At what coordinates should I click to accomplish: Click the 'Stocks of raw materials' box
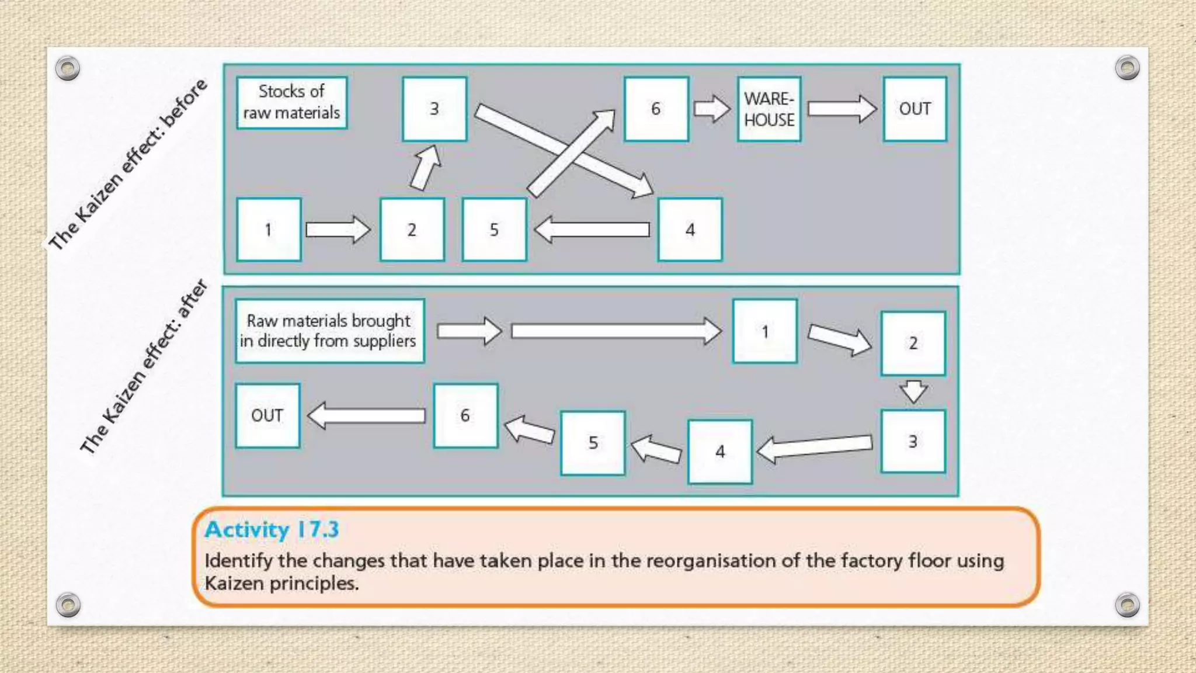click(291, 102)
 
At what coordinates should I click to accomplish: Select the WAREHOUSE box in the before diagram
click(769, 109)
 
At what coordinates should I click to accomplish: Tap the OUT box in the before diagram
click(915, 109)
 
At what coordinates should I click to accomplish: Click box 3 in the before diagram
click(434, 109)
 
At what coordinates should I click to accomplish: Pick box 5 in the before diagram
click(494, 230)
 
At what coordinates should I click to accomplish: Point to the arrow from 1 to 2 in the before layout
click(338, 230)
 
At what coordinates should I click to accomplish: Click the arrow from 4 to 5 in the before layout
click(592, 230)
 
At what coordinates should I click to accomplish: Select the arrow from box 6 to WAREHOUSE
click(712, 109)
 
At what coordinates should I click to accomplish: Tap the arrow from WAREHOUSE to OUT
click(842, 109)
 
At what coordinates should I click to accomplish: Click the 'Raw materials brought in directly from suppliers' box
click(329, 331)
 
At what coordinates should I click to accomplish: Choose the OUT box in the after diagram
click(267, 416)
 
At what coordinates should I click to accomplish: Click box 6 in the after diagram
click(465, 416)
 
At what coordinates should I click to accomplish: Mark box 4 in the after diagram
click(719, 452)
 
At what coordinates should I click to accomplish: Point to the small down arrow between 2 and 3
click(913, 391)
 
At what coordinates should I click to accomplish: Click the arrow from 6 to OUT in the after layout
click(366, 416)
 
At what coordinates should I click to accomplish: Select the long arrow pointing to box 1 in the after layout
click(616, 331)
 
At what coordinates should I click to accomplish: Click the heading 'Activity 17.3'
click(272, 529)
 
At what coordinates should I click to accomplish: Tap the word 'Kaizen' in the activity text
click(234, 583)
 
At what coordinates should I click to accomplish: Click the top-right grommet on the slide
click(1127, 68)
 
